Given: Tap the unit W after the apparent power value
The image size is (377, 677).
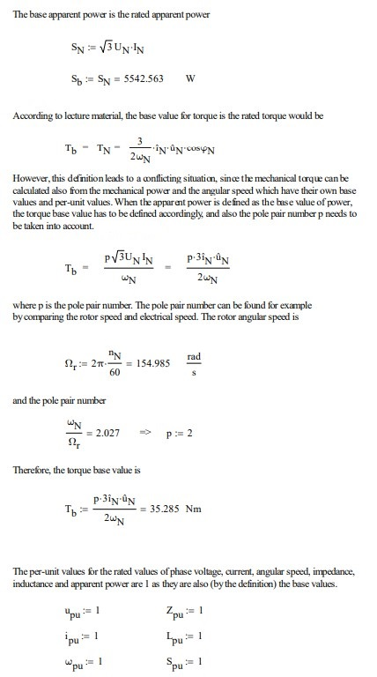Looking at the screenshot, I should click(191, 77).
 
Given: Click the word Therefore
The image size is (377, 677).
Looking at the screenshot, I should click(32, 471).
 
